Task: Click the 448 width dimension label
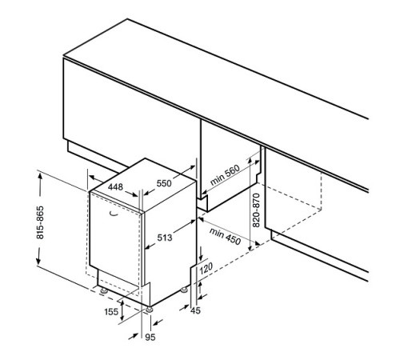(115, 187)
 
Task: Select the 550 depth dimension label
(164, 183)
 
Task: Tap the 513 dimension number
(165, 238)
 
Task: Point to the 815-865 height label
(40, 222)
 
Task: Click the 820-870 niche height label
(256, 210)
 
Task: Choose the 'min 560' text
(226, 175)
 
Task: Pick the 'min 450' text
(225, 236)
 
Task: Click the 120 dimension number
(206, 268)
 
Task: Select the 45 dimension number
(195, 310)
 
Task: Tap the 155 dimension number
(111, 311)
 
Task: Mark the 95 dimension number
(150, 337)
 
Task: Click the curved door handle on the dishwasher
(114, 214)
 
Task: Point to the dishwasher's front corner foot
(149, 310)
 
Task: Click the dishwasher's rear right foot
(184, 290)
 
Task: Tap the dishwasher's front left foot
(103, 290)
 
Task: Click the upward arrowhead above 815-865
(40, 177)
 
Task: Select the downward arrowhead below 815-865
(38, 261)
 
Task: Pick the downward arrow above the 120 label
(201, 254)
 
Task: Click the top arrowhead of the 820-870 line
(250, 161)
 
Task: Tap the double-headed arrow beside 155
(122, 310)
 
